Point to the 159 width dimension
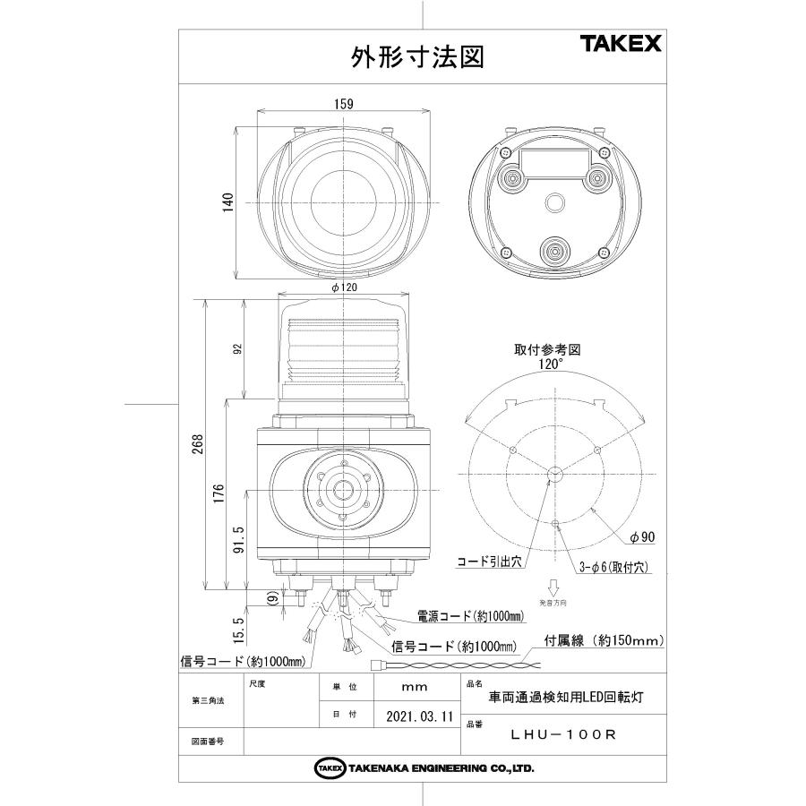pos(342,104)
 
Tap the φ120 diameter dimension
pos(344,287)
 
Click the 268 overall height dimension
pos(197,444)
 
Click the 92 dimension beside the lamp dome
pos(238,349)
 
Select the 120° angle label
pos(550,364)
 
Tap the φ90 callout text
pos(642,537)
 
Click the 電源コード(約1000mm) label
pos(469,616)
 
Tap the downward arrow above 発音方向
pos(553,589)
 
